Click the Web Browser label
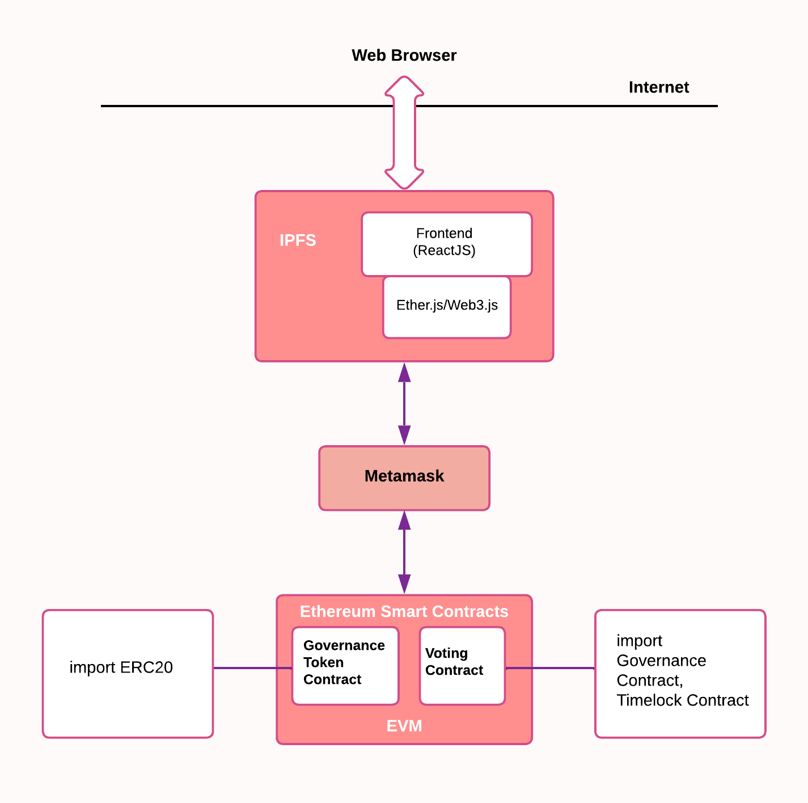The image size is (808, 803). [404, 56]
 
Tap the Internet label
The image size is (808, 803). [658, 87]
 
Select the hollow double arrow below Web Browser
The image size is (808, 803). [404, 133]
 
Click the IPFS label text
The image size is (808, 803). [298, 240]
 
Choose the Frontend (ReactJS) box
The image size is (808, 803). [446, 244]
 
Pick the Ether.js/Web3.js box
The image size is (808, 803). [446, 306]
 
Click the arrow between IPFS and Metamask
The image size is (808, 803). [404, 404]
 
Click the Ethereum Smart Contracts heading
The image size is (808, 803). [404, 611]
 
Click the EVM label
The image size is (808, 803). [404, 726]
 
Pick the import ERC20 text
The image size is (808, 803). [121, 667]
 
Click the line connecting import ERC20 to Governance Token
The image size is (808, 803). [252, 668]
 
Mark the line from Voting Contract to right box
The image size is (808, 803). [550, 668]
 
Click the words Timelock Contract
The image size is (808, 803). [682, 700]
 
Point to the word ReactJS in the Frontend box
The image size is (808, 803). [444, 251]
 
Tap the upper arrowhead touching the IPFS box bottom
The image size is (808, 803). [404, 372]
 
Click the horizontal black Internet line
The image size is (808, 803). [227, 106]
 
